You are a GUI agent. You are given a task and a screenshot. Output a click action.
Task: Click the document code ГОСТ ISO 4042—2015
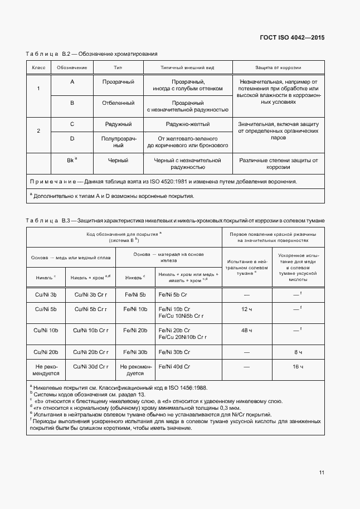point(292,37)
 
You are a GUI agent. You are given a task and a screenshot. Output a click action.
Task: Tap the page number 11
point(322,473)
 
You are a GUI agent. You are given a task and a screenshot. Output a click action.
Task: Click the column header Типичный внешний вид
point(187,67)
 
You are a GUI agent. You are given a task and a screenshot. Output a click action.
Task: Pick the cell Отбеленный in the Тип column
point(118,103)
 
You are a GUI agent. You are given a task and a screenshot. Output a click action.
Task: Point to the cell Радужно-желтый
point(187,124)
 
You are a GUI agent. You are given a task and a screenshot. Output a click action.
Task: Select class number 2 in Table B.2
point(38,130)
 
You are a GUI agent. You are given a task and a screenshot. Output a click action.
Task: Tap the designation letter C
point(72,124)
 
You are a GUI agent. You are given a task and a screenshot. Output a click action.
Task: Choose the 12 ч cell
point(247,309)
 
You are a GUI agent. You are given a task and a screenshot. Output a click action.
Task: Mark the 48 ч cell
point(247,331)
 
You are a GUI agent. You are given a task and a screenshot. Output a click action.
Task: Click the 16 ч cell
point(298,366)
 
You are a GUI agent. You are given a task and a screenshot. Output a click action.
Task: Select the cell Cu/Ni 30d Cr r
point(90,366)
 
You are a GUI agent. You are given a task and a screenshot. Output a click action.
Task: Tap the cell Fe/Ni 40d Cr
point(174,366)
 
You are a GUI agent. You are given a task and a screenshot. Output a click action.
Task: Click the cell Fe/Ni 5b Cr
point(174,294)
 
